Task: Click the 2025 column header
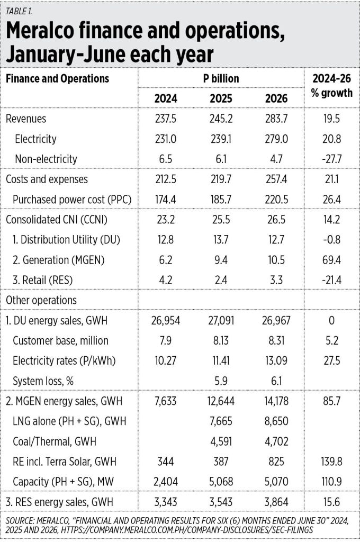pos(221,98)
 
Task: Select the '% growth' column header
pos(331,93)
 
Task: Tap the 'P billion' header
pos(221,78)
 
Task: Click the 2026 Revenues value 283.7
pos(276,119)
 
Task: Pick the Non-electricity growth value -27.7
pos(331,159)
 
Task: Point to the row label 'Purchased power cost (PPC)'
pos(73,200)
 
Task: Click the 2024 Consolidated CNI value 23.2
pos(166,220)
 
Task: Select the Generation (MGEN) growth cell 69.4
pos(331,260)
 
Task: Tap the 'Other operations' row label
pos(41,300)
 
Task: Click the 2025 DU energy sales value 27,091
pos(221,320)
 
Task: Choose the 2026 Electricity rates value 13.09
pos(276,361)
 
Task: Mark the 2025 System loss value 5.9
pos(221,381)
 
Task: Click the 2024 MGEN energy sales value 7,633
pos(166,401)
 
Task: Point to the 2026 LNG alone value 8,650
pos(276,421)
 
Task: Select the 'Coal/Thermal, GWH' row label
pos(55,441)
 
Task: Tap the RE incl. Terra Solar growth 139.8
pos(331,462)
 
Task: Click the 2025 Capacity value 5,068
pos(221,482)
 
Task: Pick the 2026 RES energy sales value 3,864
pos(276,502)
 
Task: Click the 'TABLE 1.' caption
pos(19,11)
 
